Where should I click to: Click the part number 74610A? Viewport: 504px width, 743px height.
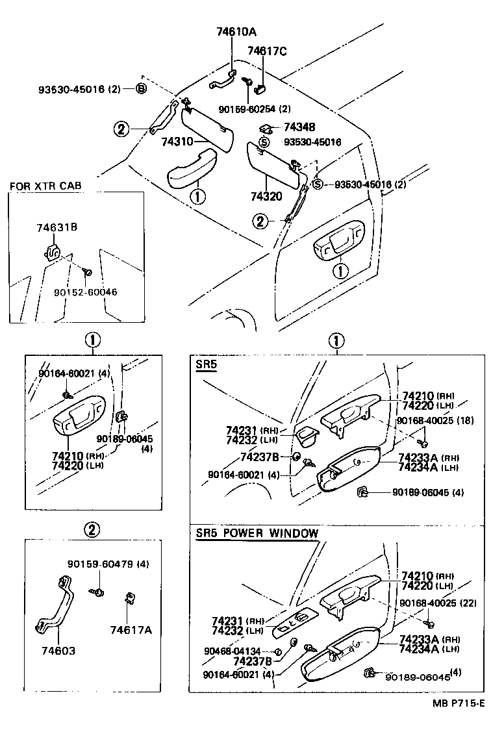coord(237,31)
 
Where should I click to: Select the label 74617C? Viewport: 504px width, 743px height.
coord(266,51)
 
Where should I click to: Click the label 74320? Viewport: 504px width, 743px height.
coord(266,195)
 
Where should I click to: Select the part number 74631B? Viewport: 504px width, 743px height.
coord(57,227)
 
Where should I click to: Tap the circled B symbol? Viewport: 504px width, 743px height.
coord(140,89)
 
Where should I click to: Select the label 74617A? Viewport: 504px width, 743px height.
coord(131,629)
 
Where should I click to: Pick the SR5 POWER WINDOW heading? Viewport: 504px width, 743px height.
coord(257,533)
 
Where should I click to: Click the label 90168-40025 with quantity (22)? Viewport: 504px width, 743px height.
coord(438,603)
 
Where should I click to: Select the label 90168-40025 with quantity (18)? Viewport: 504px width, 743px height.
coord(438,421)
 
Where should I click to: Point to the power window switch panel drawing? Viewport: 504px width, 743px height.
coord(296,622)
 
